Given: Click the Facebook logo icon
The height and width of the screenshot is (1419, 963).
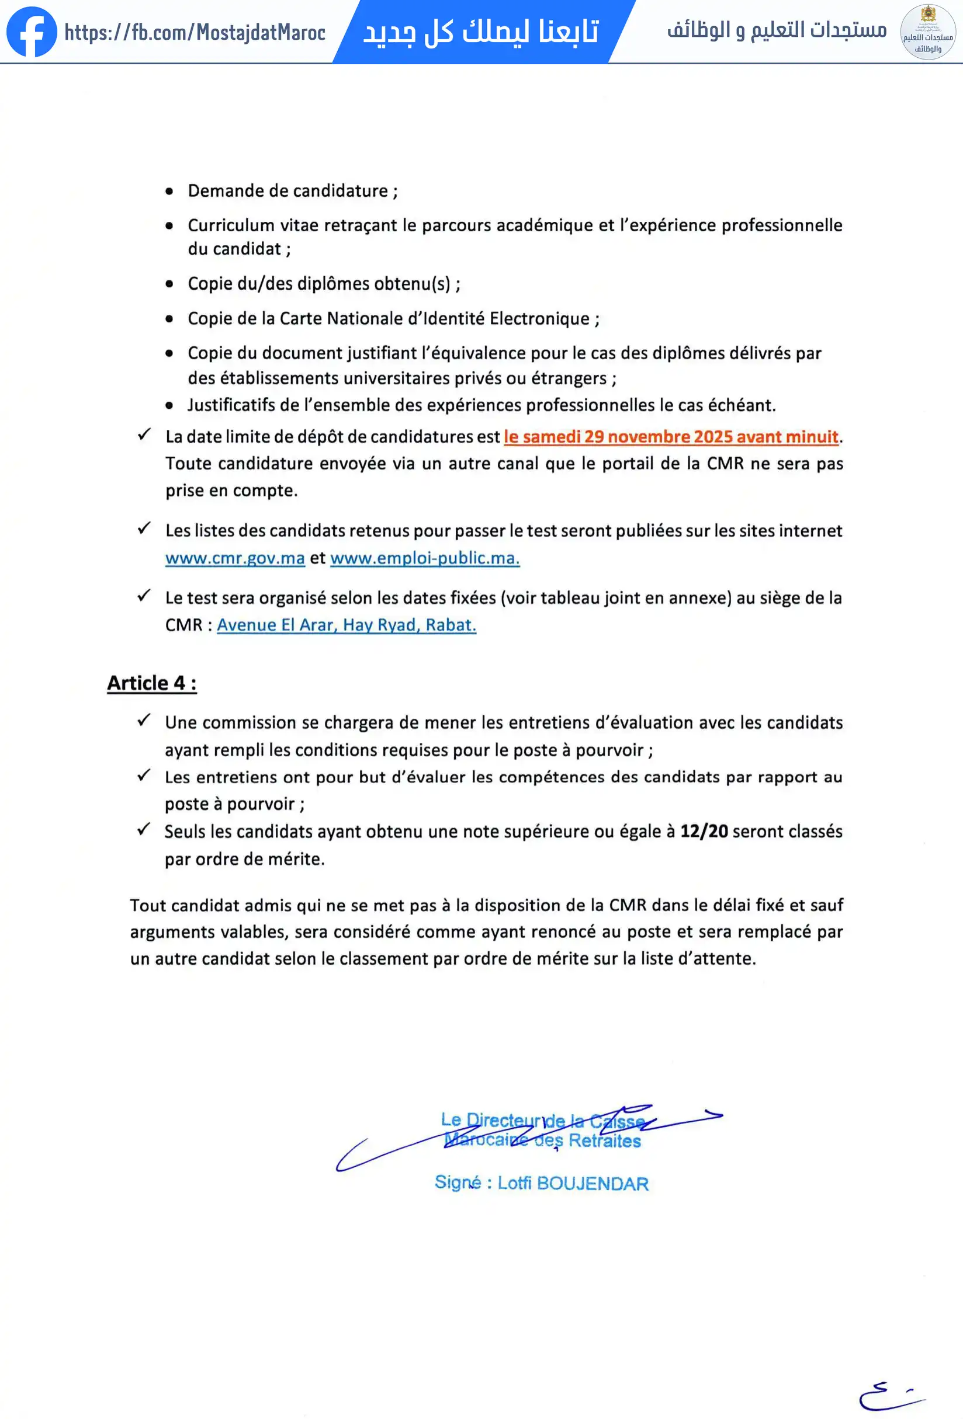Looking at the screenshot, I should (31, 32).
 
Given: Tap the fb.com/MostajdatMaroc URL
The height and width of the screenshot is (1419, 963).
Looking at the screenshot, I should (195, 32).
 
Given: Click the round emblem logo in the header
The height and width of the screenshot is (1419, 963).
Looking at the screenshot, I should (927, 32).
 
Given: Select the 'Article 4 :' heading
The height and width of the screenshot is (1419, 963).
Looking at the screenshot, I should (151, 683).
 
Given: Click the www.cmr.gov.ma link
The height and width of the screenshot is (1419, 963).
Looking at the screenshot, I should (235, 558).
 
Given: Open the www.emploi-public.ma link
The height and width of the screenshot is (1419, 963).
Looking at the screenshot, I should (425, 558).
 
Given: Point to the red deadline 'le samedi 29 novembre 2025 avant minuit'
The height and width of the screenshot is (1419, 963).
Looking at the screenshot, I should (670, 437).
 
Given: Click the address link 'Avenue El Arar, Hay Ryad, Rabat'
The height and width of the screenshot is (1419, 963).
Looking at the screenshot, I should (346, 625).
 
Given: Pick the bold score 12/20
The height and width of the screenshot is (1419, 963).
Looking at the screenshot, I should (704, 831).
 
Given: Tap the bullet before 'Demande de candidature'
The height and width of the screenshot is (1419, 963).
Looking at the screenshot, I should (169, 192).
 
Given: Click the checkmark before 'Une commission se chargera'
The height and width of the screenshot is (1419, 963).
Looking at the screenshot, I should (144, 721).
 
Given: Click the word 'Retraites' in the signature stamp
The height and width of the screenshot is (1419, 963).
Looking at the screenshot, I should (604, 1140).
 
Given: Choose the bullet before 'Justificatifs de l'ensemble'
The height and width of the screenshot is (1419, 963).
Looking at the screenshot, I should (169, 405).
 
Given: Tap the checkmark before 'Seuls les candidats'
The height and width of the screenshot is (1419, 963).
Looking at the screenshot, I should (144, 829).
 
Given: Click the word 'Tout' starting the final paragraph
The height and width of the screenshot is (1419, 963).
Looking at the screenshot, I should (147, 905).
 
